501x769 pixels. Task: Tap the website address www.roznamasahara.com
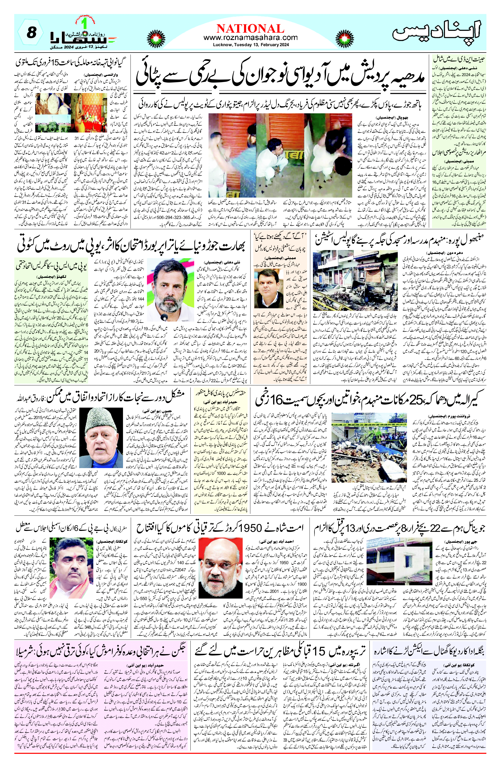point(250,38)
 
